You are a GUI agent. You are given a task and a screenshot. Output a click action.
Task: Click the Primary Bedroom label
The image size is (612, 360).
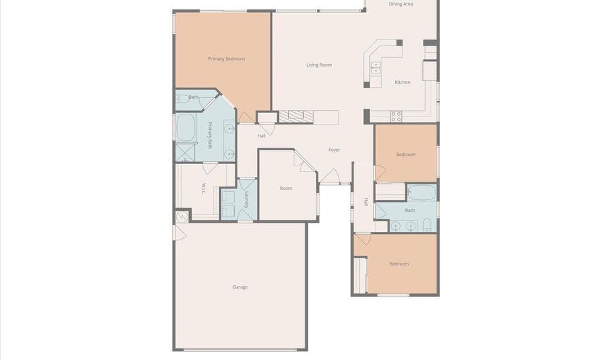(x=226, y=59)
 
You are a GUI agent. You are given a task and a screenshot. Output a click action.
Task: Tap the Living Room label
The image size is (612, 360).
(x=319, y=65)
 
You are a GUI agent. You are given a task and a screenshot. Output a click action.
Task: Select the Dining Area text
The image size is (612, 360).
(x=401, y=4)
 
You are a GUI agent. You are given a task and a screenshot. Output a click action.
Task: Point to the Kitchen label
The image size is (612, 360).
(x=403, y=82)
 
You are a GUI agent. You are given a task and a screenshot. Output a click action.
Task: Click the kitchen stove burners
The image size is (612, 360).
(x=396, y=116)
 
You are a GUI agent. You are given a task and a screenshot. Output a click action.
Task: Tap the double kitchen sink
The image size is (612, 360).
(x=375, y=67)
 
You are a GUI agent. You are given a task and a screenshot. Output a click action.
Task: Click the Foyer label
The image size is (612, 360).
(x=334, y=150)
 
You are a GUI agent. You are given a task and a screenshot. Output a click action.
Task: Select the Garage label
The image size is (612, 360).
(x=240, y=287)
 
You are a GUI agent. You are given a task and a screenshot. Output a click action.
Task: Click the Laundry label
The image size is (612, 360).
(x=246, y=199)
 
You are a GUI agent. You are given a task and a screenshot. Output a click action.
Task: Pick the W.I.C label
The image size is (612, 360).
(x=203, y=189)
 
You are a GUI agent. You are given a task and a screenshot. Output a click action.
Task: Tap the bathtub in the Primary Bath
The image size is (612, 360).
(x=186, y=127)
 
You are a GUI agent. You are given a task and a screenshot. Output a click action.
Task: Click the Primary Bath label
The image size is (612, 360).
(x=209, y=135)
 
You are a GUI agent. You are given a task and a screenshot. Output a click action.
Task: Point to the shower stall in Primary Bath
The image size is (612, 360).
(x=185, y=152)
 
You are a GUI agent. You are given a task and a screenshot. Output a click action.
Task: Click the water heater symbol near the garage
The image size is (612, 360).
(x=182, y=216)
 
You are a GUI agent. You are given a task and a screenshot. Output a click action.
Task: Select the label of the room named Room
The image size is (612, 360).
(x=286, y=189)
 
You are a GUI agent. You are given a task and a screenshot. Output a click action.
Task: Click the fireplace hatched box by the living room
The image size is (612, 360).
(x=296, y=117)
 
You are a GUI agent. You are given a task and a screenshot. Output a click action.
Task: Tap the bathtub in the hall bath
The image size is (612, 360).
(x=422, y=193)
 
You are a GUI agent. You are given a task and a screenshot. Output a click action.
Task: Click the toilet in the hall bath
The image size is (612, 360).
(x=426, y=225)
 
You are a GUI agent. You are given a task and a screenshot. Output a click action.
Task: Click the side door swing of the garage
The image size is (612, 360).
(x=179, y=233)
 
